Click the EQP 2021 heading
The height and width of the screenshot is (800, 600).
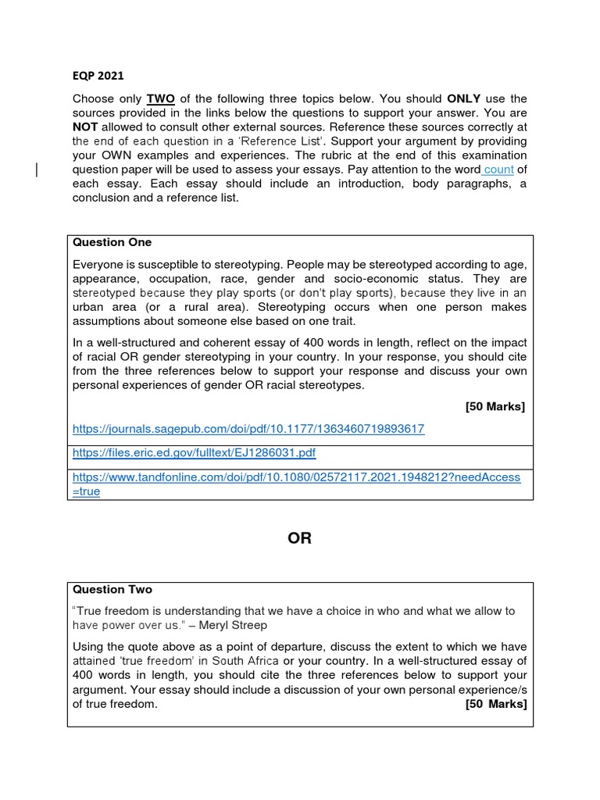(x=98, y=76)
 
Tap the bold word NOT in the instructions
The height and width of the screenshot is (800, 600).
(x=85, y=127)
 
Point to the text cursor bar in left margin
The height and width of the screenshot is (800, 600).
(x=37, y=170)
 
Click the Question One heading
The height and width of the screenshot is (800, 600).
(x=112, y=242)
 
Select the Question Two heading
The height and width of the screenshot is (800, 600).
(x=112, y=589)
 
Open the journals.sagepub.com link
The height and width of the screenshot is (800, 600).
(x=248, y=429)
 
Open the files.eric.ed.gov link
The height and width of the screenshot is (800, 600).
(x=194, y=452)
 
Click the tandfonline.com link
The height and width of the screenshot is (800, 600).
(x=296, y=477)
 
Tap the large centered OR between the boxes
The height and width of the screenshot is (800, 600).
(x=300, y=539)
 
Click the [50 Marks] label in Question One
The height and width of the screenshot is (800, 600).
(x=495, y=406)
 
